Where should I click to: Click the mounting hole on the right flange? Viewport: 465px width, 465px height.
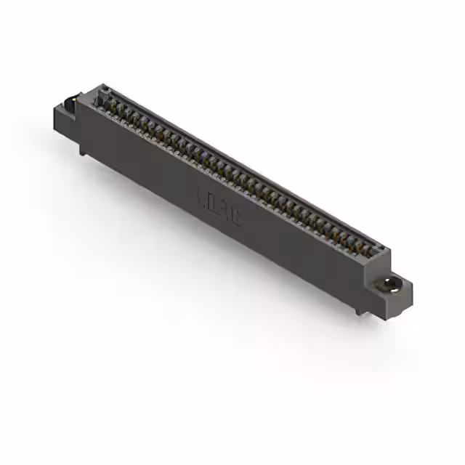click(x=391, y=283)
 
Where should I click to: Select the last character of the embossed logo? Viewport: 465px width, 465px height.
click(x=238, y=216)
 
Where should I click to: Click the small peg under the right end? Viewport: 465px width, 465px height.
click(x=358, y=310)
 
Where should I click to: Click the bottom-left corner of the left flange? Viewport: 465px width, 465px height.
click(x=55, y=130)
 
